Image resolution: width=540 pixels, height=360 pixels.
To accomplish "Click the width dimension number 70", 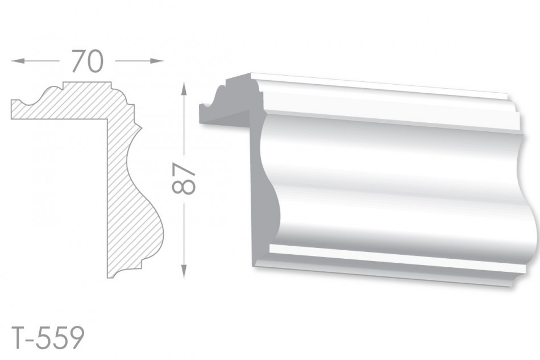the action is pyautogui.click(x=88, y=61).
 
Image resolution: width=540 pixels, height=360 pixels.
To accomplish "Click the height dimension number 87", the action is pyautogui.click(x=183, y=179).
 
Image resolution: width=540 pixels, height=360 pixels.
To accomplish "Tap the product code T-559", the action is pyautogui.click(x=48, y=338).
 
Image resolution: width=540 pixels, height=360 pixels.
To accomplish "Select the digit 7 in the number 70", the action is pyautogui.click(x=78, y=61).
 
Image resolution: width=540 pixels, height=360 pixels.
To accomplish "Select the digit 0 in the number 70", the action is pyautogui.click(x=95, y=61).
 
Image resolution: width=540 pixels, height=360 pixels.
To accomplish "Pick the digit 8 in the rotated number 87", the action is pyautogui.click(x=183, y=187).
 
